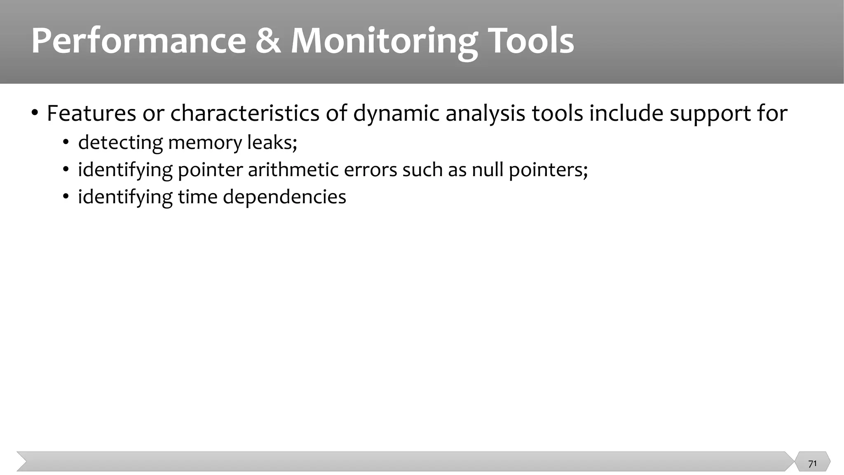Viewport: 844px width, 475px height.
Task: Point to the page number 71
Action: click(x=812, y=464)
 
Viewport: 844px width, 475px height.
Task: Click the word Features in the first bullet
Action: click(x=91, y=113)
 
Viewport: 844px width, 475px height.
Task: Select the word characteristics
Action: click(x=245, y=113)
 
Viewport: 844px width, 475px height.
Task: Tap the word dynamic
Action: click(x=396, y=113)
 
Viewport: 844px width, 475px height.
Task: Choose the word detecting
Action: click(x=120, y=143)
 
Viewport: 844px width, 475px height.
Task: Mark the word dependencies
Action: click(x=284, y=197)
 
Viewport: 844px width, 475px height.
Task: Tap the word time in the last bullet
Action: click(x=197, y=197)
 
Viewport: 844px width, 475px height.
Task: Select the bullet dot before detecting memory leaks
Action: click(x=65, y=143)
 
